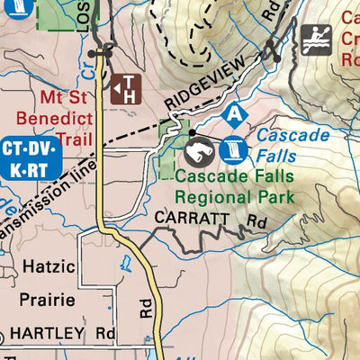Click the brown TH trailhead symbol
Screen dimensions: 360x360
(x=127, y=88)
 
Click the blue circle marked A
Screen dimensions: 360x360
(x=235, y=114)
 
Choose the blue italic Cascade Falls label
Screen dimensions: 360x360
(x=282, y=144)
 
